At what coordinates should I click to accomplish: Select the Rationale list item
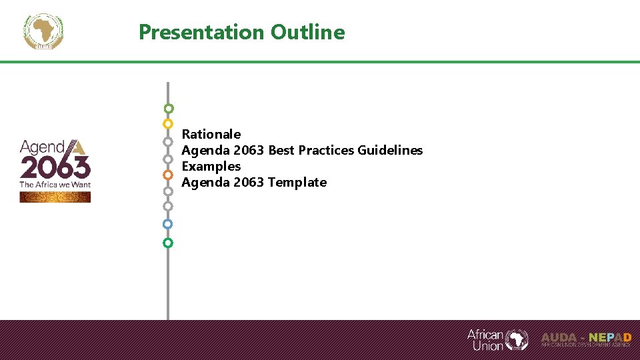coord(211,134)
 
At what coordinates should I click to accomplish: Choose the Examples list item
coord(211,166)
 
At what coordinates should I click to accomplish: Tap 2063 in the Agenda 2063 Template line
coord(249,182)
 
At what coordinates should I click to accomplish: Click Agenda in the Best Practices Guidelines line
coord(206,150)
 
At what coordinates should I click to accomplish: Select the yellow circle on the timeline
coord(168,124)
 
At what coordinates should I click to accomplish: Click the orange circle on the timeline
coord(168,175)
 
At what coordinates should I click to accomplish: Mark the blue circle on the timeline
coord(168,224)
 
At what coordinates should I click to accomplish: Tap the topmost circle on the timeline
coord(169,108)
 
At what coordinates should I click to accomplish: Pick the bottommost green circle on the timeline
coord(168,243)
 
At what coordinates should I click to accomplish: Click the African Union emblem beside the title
coord(43,31)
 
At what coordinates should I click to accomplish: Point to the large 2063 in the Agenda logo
coord(55,167)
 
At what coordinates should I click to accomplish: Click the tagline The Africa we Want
coord(55,184)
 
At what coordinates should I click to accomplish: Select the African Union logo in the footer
coord(497,339)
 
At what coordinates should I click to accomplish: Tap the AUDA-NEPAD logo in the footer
coord(586,339)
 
